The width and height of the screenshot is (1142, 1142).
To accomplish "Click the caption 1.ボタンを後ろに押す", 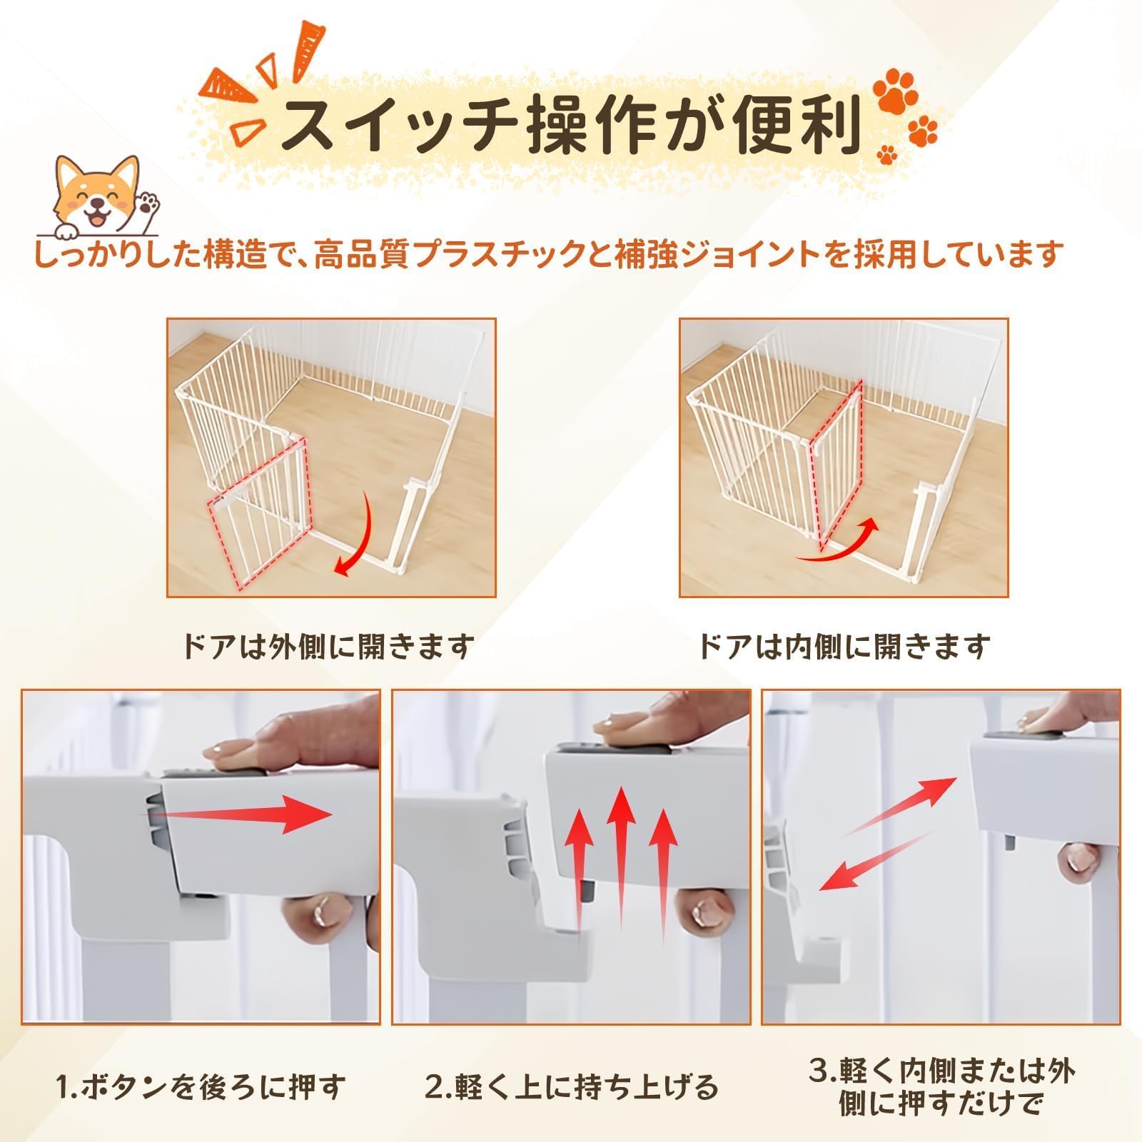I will point(201,1087).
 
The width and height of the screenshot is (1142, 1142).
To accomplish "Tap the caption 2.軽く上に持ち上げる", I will point(571,1087).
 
